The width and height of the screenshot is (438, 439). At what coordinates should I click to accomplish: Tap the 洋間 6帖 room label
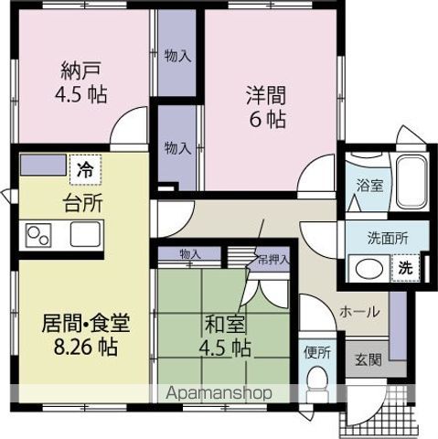tap(265, 105)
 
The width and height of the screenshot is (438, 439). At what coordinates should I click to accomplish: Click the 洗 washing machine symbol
tap(403, 269)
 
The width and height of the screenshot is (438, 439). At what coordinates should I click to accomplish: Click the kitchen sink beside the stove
tap(83, 235)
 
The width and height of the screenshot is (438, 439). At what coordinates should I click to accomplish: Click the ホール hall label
tap(360, 312)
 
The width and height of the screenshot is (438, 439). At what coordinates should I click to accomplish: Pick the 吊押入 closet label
tap(273, 259)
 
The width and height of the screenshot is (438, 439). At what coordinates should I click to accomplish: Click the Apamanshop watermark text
tap(220, 393)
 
